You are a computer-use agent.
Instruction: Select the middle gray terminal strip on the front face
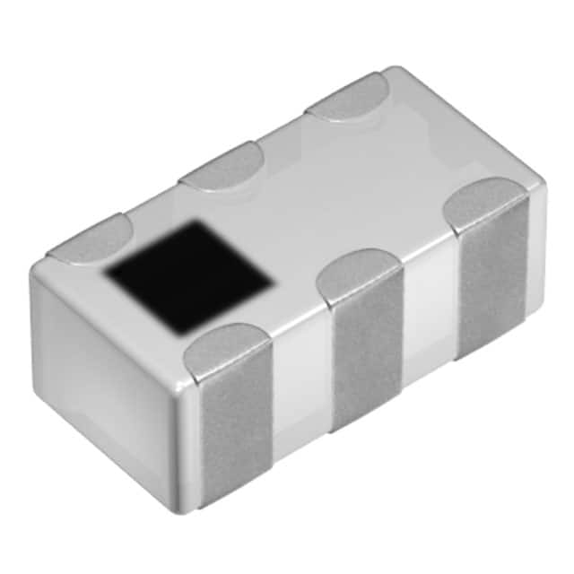coord(368,359)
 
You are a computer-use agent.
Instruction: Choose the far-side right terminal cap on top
coord(348,97)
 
